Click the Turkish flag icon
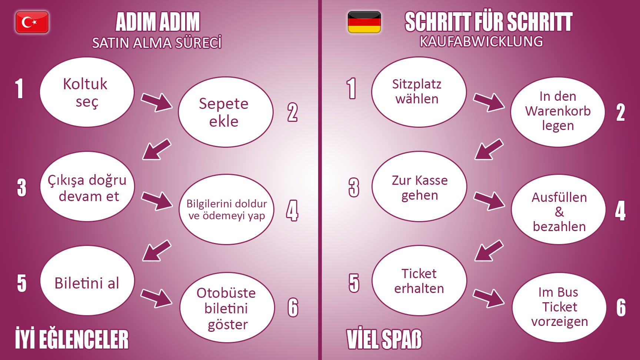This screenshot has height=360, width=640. tap(32, 22)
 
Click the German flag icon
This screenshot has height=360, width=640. tap(364, 22)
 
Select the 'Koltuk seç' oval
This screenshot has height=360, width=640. tap(87, 92)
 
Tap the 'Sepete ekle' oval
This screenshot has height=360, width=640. tap(225, 112)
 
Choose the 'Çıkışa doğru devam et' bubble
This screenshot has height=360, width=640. tap(87, 187)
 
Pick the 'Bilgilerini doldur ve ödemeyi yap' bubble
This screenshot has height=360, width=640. tap(226, 210)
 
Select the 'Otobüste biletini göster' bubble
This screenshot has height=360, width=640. tap(227, 308)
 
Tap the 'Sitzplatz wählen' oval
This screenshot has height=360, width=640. tap(419, 92)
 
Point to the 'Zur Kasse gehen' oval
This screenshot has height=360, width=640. tap(419, 187)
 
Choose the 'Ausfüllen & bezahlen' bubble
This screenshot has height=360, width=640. tap(559, 210)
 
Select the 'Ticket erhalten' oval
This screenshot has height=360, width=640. tap(419, 281)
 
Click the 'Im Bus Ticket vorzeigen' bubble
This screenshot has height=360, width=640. tap(559, 307)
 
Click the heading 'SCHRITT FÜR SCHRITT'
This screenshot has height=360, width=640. tap(488, 22)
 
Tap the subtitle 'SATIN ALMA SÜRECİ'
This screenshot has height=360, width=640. tap(157, 43)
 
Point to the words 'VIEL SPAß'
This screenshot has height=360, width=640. tap(384, 339)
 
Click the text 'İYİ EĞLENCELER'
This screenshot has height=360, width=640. tap(72, 339)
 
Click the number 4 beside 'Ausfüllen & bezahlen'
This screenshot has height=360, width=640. tap(620, 211)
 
